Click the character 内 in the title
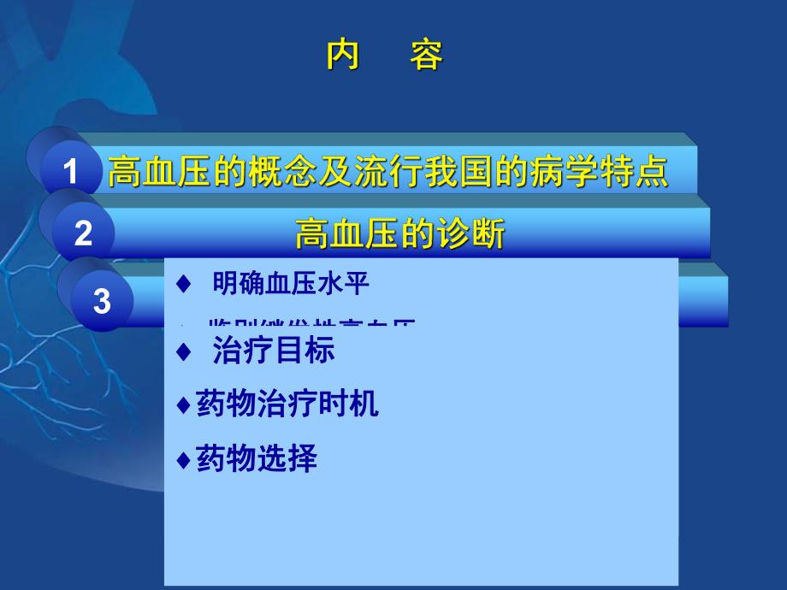342,56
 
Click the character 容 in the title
425,56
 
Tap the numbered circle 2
83,233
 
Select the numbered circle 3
102,301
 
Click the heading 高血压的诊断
399,233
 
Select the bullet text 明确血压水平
291,284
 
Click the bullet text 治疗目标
274,351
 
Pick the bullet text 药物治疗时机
287,404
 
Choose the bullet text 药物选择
257,459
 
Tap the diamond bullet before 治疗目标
180,351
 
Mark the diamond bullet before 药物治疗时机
182,404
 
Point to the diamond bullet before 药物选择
182,460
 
